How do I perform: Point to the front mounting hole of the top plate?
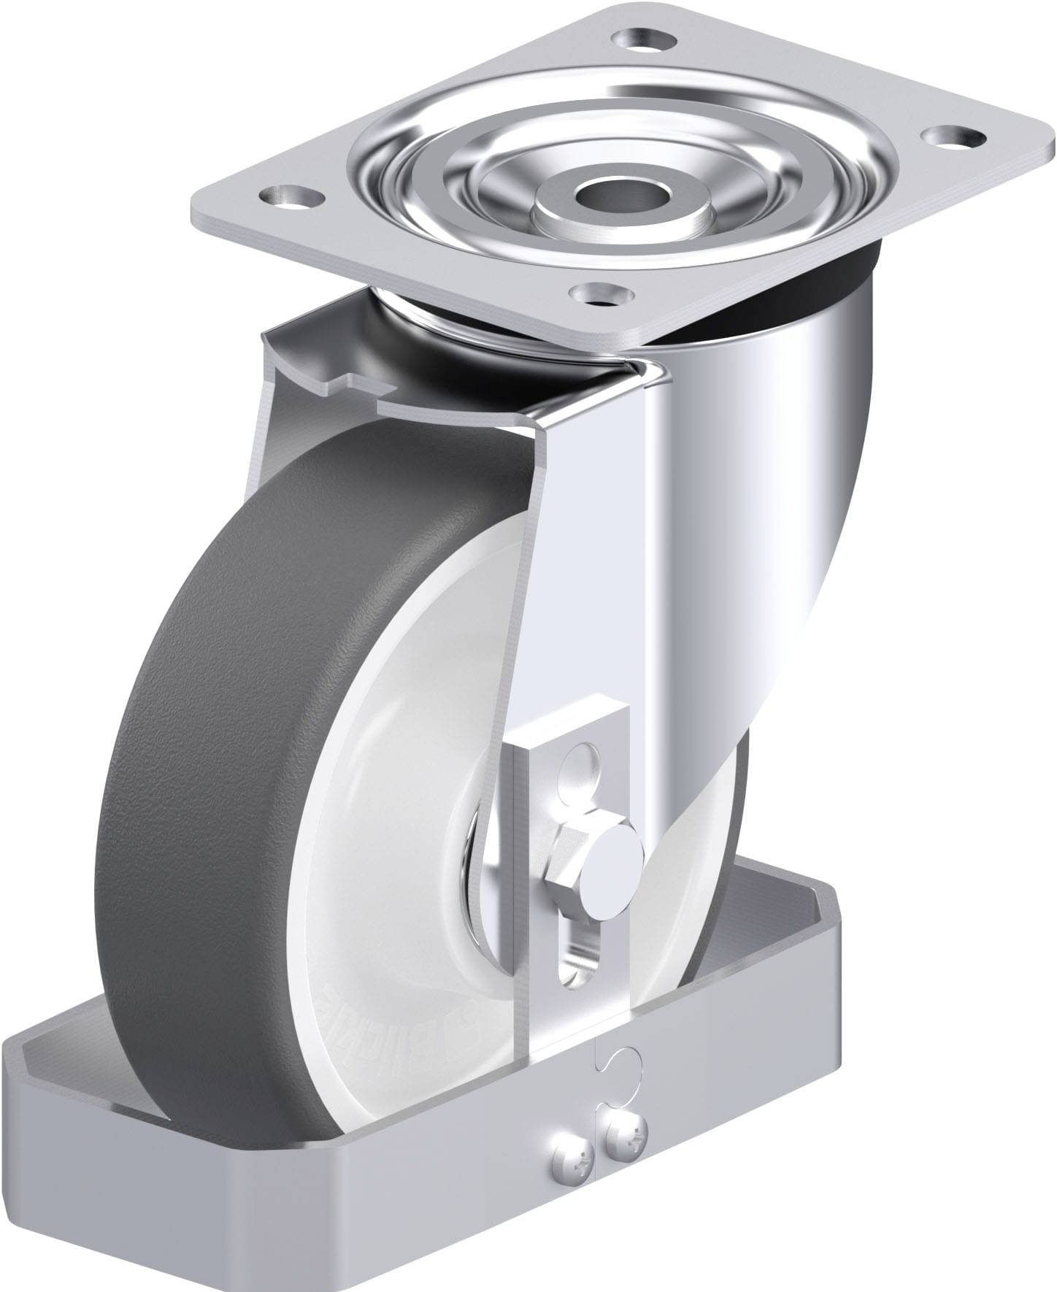click(x=599, y=293)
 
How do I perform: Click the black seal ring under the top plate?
click(x=839, y=292)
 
